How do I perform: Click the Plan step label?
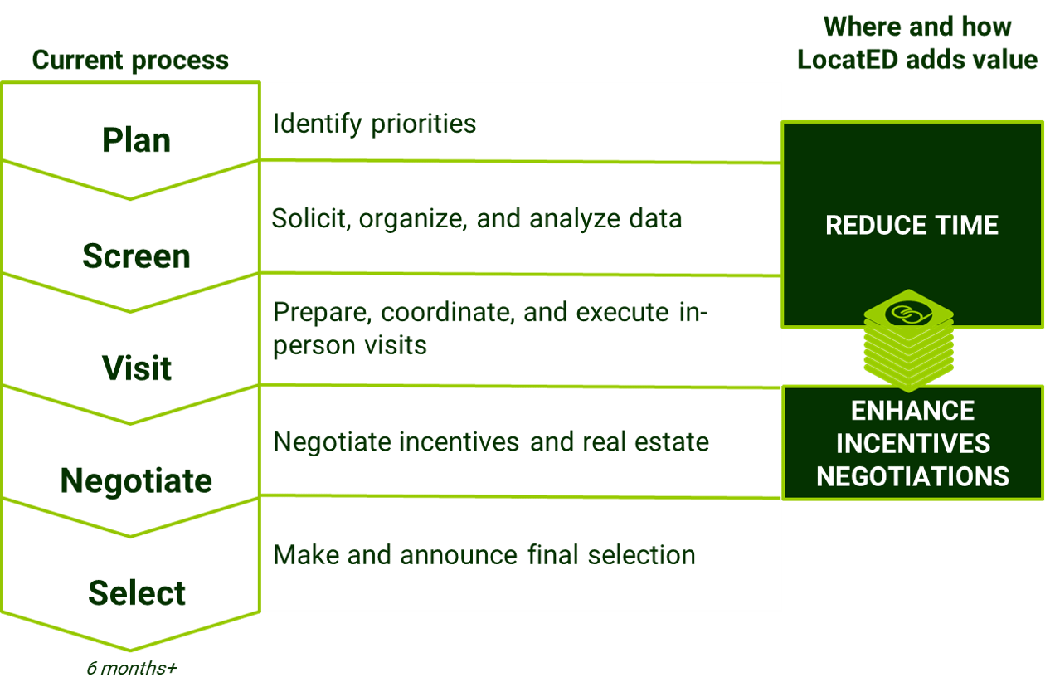tap(136, 140)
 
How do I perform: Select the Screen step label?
tap(136, 256)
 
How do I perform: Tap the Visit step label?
tap(136, 368)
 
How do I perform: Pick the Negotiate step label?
tap(136, 480)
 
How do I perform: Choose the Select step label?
tap(136, 593)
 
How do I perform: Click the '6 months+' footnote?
tap(132, 669)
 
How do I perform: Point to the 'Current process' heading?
tap(130, 60)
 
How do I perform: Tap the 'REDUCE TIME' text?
tap(912, 226)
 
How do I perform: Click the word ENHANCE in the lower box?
tap(912, 411)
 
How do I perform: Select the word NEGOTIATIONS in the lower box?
tap(912, 476)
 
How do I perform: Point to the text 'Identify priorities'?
tap(374, 124)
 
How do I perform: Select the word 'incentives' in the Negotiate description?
tap(460, 441)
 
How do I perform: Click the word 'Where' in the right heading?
tap(863, 27)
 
